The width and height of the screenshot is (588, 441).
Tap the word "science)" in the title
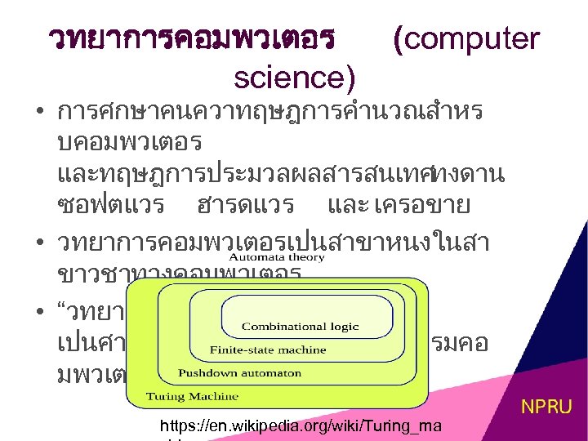coord(294,77)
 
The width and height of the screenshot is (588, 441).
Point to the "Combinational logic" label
coord(300,327)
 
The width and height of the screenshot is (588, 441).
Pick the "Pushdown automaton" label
coord(228,373)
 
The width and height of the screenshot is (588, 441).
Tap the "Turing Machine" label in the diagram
coord(181,396)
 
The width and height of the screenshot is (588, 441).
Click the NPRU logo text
coord(546,406)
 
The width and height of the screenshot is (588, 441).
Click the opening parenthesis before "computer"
coord(398,38)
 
